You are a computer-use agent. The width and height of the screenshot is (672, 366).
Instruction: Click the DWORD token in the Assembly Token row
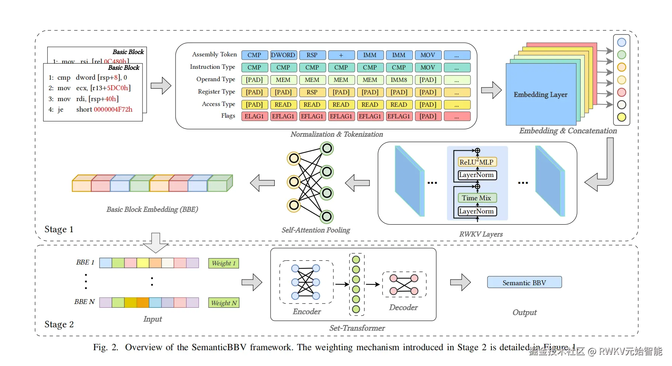(x=283, y=55)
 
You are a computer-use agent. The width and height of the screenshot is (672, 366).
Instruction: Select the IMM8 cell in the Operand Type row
(x=399, y=80)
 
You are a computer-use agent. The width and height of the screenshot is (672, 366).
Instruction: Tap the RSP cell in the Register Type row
(x=312, y=92)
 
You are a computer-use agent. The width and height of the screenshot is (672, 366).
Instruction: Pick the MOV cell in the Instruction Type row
(x=428, y=68)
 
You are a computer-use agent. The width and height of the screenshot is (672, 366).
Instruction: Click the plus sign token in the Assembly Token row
(x=341, y=55)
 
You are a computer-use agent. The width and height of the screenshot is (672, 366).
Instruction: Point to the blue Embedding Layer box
(x=540, y=95)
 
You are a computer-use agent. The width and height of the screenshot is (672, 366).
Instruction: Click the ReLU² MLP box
(x=477, y=162)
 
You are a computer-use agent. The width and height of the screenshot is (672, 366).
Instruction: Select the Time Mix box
(x=477, y=198)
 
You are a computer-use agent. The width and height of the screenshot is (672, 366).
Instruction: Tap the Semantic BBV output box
(x=524, y=283)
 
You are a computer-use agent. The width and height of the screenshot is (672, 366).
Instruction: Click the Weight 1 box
(x=224, y=263)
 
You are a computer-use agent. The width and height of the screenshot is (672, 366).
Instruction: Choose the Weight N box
(x=224, y=303)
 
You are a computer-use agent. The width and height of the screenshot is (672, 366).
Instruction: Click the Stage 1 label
(x=59, y=230)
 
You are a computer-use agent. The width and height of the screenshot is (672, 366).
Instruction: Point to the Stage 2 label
(x=59, y=325)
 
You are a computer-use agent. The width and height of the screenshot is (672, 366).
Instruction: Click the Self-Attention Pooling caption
(x=316, y=230)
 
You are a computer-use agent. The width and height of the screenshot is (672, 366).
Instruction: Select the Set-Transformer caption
(x=357, y=328)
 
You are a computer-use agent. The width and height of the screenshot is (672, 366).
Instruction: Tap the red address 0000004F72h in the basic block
(x=113, y=109)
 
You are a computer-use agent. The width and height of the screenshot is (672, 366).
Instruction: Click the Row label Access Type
(x=218, y=104)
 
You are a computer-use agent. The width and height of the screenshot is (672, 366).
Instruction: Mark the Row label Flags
(x=228, y=116)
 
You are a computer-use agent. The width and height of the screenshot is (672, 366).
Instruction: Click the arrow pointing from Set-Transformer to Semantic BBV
(x=460, y=282)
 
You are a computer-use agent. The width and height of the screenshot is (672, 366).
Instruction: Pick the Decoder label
(x=403, y=307)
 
